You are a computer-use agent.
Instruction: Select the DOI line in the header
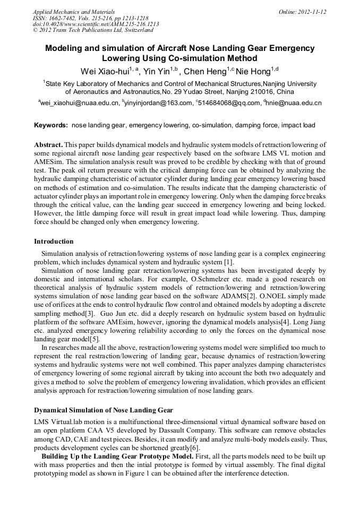click(96, 24)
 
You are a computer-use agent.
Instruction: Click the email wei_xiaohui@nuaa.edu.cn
click(79, 103)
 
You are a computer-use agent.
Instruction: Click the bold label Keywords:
click(51, 126)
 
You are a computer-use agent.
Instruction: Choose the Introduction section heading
click(54, 241)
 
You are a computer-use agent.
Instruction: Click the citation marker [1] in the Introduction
click(228, 262)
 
